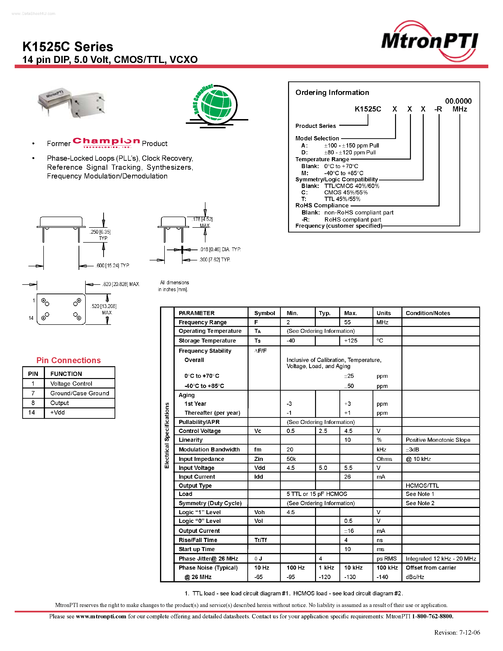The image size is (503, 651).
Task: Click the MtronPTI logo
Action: [429, 41]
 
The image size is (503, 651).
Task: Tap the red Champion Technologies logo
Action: [106, 143]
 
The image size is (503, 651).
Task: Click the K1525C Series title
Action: [68, 47]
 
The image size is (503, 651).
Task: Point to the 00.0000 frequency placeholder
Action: [458, 101]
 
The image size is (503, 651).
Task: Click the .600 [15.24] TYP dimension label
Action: [113, 266]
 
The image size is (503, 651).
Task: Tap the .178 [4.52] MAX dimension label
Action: [202, 219]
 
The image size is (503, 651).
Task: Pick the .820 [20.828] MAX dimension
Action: [121, 284]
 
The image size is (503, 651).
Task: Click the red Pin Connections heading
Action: [69, 360]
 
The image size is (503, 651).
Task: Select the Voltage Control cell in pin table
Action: [71, 384]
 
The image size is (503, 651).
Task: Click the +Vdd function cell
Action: [58, 413]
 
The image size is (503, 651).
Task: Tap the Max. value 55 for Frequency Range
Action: [347, 322]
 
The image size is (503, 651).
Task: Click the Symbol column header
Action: [264, 313]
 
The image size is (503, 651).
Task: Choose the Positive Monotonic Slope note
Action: [438, 440]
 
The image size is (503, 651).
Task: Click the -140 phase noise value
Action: [382, 577]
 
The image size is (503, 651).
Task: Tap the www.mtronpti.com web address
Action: [101, 616]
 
